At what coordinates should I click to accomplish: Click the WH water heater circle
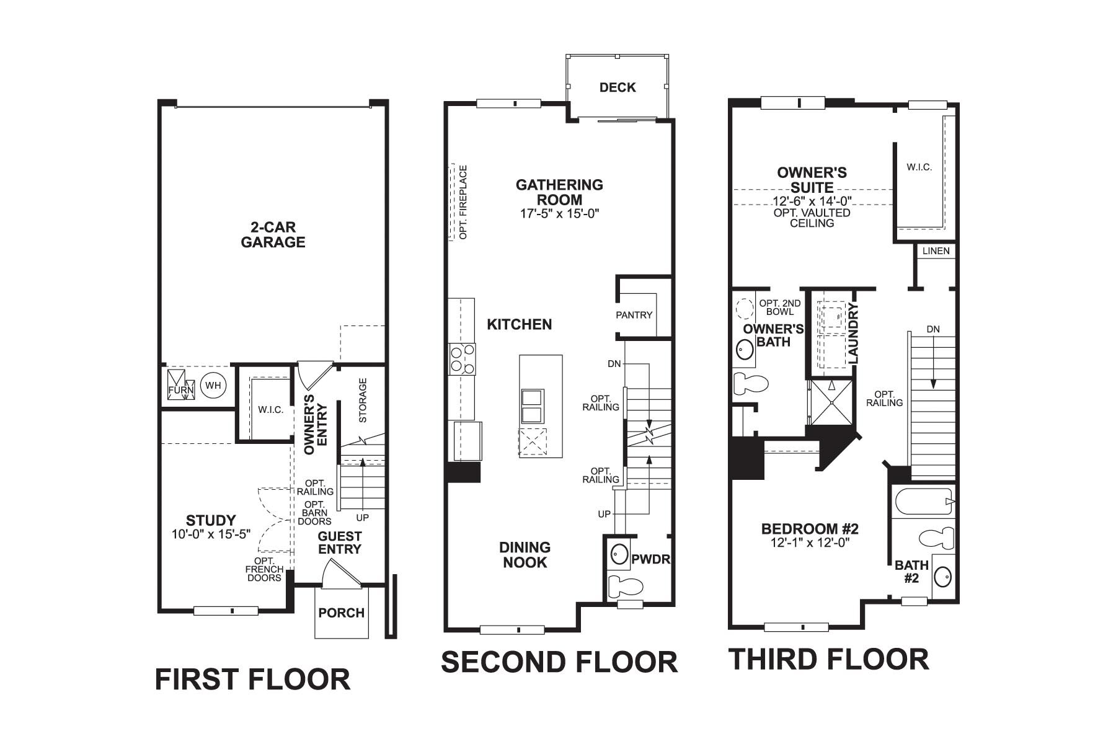[213, 386]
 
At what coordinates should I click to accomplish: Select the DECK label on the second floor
[618, 87]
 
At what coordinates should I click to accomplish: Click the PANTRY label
[634, 315]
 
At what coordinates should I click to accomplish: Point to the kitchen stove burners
[463, 359]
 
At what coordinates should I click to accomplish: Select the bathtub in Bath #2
[923, 501]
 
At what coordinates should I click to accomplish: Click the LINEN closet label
[936, 251]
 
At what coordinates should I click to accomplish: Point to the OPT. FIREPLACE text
[463, 201]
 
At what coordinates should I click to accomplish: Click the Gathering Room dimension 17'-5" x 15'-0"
[559, 214]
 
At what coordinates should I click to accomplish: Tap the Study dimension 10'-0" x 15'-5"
[211, 534]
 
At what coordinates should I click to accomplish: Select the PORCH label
[341, 613]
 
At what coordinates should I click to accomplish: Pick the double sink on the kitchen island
[532, 406]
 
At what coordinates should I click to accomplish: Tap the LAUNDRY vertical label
[852, 333]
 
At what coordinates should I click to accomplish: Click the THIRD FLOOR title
[828, 659]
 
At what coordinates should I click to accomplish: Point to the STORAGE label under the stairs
[363, 400]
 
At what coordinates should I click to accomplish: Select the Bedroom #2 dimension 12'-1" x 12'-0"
[809, 542]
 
